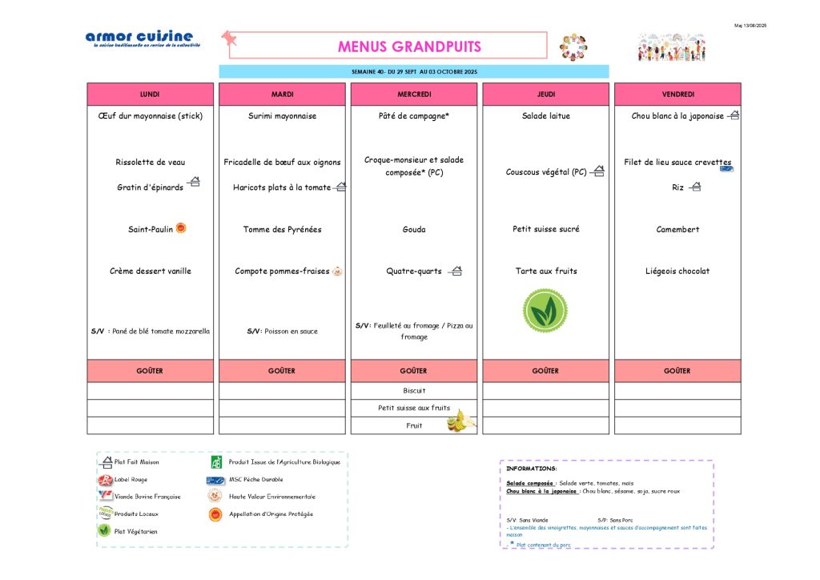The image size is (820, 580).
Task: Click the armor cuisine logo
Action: click(139, 38)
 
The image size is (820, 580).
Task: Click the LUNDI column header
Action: click(150, 95)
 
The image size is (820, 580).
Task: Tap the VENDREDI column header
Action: click(677, 95)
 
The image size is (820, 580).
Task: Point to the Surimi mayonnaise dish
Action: click(282, 116)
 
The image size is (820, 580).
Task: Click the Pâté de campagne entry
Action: click(413, 116)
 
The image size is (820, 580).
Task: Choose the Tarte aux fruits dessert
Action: click(546, 272)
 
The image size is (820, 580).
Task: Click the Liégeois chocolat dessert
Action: click(677, 272)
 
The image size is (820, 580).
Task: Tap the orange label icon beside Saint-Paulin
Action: click(181, 228)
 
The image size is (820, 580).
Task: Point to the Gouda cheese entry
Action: click(414, 230)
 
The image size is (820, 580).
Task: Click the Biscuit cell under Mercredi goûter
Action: click(414, 391)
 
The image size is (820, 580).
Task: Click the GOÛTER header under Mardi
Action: click(282, 371)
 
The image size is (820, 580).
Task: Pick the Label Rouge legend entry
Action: click(131, 480)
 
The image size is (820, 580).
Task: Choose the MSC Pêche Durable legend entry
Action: click(255, 480)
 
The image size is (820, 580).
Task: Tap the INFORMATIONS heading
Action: click(531, 469)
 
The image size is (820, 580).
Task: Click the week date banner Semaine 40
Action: click(414, 72)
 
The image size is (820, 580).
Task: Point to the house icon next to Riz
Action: click(695, 187)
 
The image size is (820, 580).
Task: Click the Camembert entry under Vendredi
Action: click(677, 230)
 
